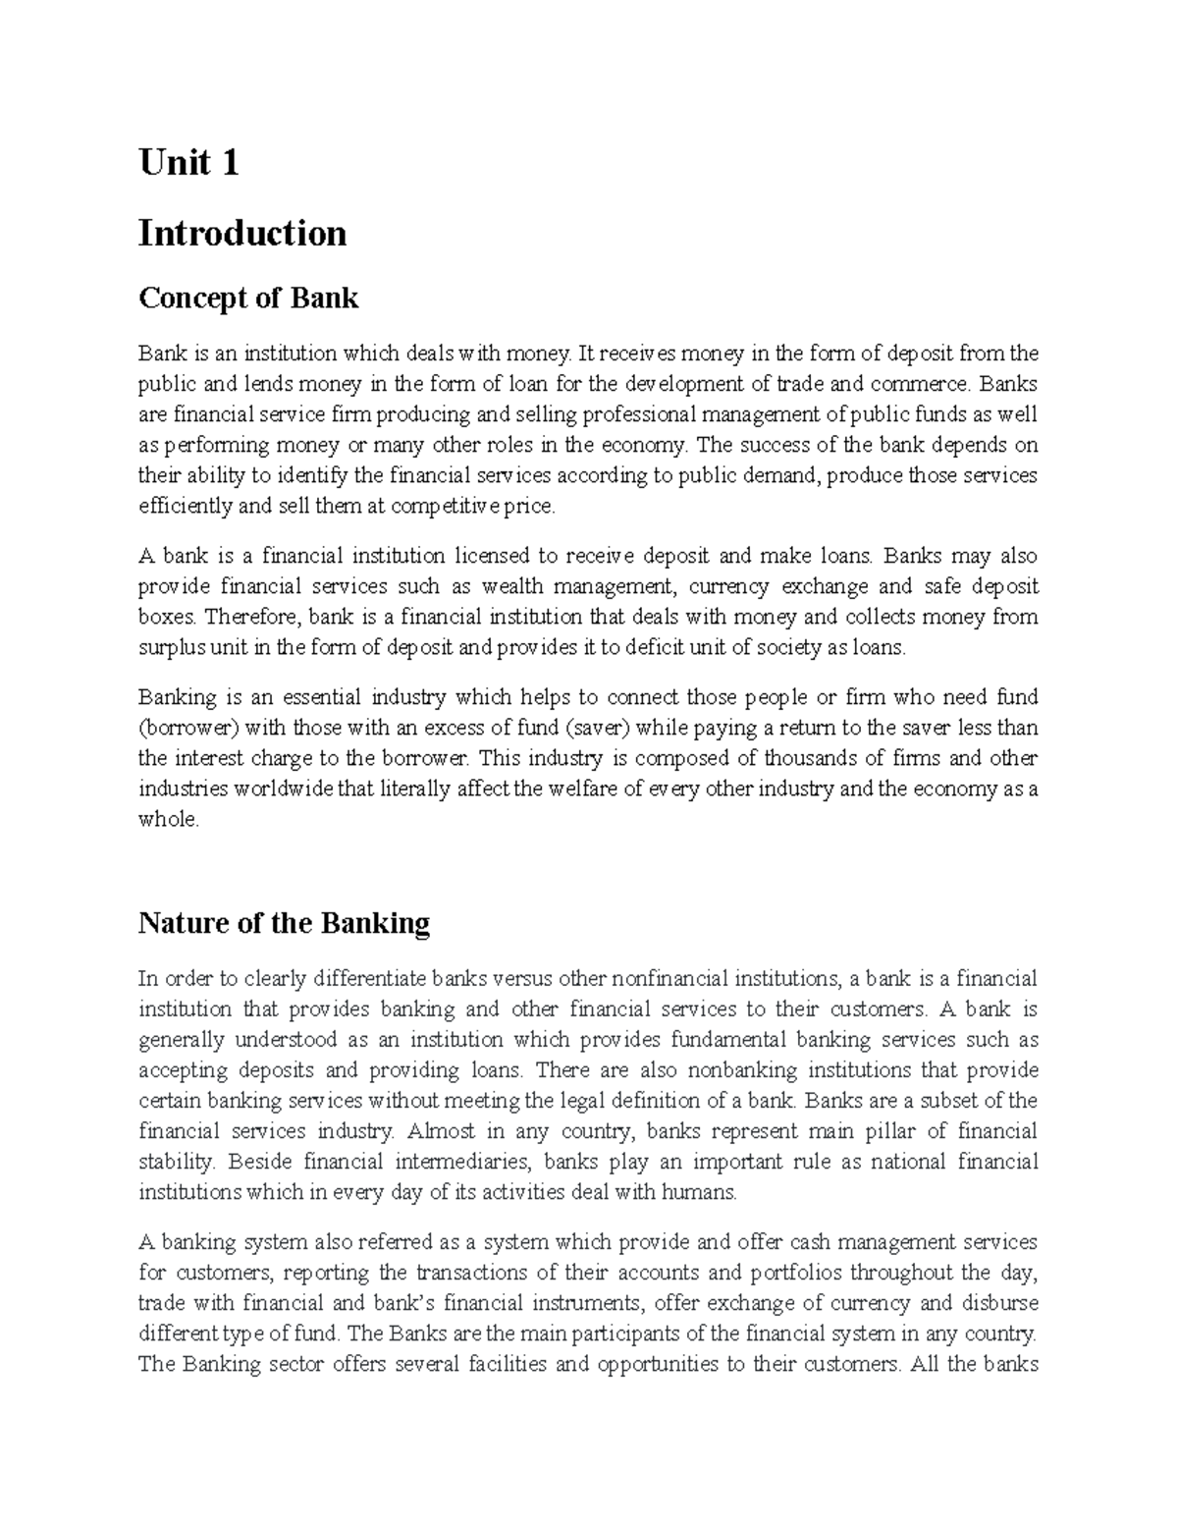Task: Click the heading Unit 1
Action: pyautogui.click(x=188, y=162)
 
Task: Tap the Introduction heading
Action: pyautogui.click(x=242, y=234)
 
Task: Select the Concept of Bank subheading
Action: pyautogui.click(x=248, y=298)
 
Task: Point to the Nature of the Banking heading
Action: pyautogui.click(x=285, y=923)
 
